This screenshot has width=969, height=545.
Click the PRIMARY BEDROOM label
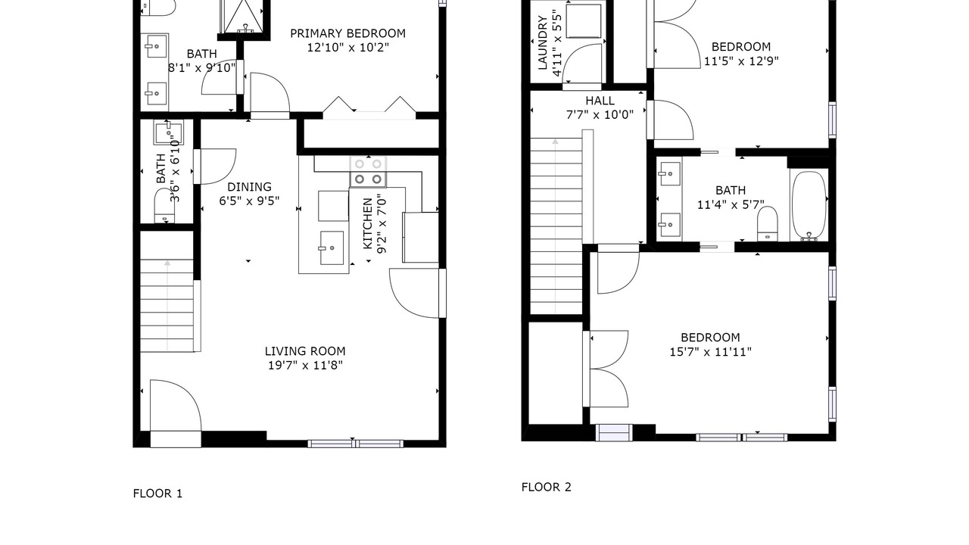pos(347,33)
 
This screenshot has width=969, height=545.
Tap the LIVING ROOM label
pos(305,351)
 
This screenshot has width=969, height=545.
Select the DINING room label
pos(249,187)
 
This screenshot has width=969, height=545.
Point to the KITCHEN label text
pos(367,223)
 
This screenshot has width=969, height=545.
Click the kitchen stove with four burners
pos(368,172)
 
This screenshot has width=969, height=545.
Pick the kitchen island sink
pos(332,248)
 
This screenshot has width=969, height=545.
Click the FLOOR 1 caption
pos(157,494)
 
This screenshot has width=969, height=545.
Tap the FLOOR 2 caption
pos(547,487)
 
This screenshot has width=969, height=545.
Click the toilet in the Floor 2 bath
pos(768,223)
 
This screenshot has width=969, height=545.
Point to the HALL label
pos(600,101)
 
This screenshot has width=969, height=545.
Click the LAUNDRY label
pos(543,43)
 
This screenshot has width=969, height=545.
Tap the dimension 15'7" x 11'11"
pos(710,352)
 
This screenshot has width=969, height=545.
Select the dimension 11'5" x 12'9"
pos(741,61)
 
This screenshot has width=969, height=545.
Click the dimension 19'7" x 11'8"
pos(305,366)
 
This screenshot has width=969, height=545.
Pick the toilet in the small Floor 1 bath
pos(165,205)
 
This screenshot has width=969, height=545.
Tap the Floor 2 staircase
pos(556,226)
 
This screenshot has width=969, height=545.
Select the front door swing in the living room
pos(176,405)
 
